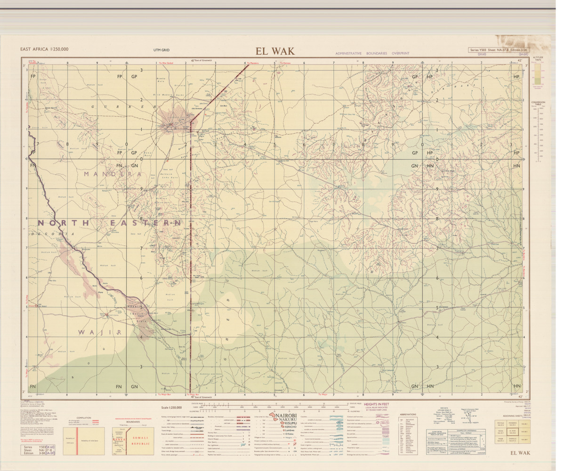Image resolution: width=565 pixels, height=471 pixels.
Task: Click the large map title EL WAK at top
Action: [x=275, y=51]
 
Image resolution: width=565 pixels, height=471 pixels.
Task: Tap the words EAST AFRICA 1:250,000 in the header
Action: [x=44, y=49]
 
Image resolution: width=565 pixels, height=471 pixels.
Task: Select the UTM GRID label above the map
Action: [x=161, y=50]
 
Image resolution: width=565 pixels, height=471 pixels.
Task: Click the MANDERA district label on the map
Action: [x=113, y=174]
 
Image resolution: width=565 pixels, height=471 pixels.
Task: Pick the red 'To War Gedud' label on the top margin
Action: [x=166, y=63]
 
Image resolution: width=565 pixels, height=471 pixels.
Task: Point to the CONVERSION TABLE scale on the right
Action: [x=538, y=132]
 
